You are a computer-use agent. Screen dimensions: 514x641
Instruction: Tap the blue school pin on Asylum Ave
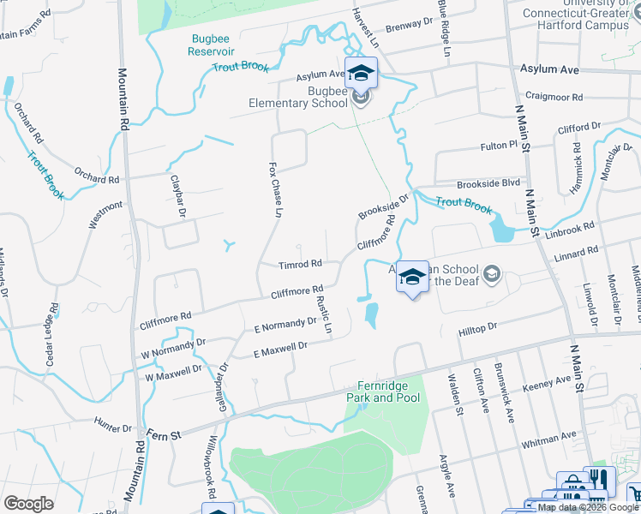coord(361,72)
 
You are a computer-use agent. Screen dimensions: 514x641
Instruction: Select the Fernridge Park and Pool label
coord(383,392)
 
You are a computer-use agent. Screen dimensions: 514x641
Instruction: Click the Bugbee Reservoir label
coord(211,45)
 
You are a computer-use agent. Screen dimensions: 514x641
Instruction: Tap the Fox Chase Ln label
coord(275,188)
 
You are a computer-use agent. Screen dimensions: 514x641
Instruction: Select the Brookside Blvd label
coord(488,183)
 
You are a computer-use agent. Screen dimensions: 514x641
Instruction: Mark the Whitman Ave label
coord(548,439)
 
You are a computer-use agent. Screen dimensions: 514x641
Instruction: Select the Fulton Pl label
coord(499,146)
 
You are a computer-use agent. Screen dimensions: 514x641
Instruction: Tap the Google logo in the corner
coord(28,504)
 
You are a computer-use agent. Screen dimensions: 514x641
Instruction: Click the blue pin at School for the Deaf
coord(412,277)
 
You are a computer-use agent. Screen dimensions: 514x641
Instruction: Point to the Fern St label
coord(164,435)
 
